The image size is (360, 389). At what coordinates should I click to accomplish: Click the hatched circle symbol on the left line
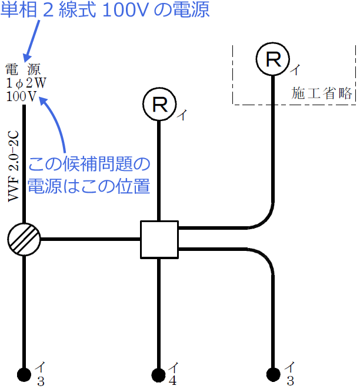click(24, 239)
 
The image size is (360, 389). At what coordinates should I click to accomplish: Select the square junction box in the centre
click(159, 239)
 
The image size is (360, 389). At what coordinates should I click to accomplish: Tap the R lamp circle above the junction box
click(159, 105)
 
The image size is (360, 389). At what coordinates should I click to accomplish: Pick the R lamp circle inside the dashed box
click(273, 59)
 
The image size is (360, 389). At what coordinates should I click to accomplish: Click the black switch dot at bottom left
click(24, 374)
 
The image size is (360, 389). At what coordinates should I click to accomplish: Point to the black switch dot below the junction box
click(159, 374)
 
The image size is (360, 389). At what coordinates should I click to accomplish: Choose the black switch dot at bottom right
click(273, 374)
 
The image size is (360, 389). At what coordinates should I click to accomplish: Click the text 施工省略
click(322, 93)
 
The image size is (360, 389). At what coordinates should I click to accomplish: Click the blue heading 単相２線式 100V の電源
click(105, 10)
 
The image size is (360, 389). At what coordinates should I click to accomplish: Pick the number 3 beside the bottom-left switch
click(40, 381)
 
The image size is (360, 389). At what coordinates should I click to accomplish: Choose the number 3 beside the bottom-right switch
click(290, 381)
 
